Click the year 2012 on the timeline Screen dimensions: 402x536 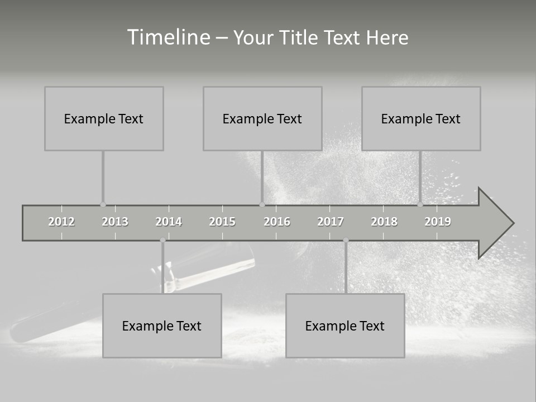pos(61,222)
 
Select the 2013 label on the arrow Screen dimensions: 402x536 pos(115,222)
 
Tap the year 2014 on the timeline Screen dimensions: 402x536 pos(169,222)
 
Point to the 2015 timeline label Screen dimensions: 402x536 pos(222,222)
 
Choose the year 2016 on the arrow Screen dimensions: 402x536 pos(277,222)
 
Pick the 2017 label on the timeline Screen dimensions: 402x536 pos(331,222)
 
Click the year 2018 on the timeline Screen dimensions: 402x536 pos(384,222)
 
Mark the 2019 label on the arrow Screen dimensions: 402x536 pos(438,222)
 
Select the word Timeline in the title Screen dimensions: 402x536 pos(167,37)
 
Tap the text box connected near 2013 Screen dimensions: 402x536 pos(104,118)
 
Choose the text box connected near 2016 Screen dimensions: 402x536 pos(262,118)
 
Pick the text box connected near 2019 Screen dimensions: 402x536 pos(421,118)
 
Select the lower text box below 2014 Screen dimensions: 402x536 pos(162,326)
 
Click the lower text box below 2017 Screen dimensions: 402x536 pos(345,326)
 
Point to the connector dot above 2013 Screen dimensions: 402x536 pos(103,205)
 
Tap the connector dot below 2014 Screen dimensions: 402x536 pos(162,240)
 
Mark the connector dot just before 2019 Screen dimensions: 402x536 pos(420,204)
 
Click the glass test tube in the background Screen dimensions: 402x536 pos(212,271)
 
